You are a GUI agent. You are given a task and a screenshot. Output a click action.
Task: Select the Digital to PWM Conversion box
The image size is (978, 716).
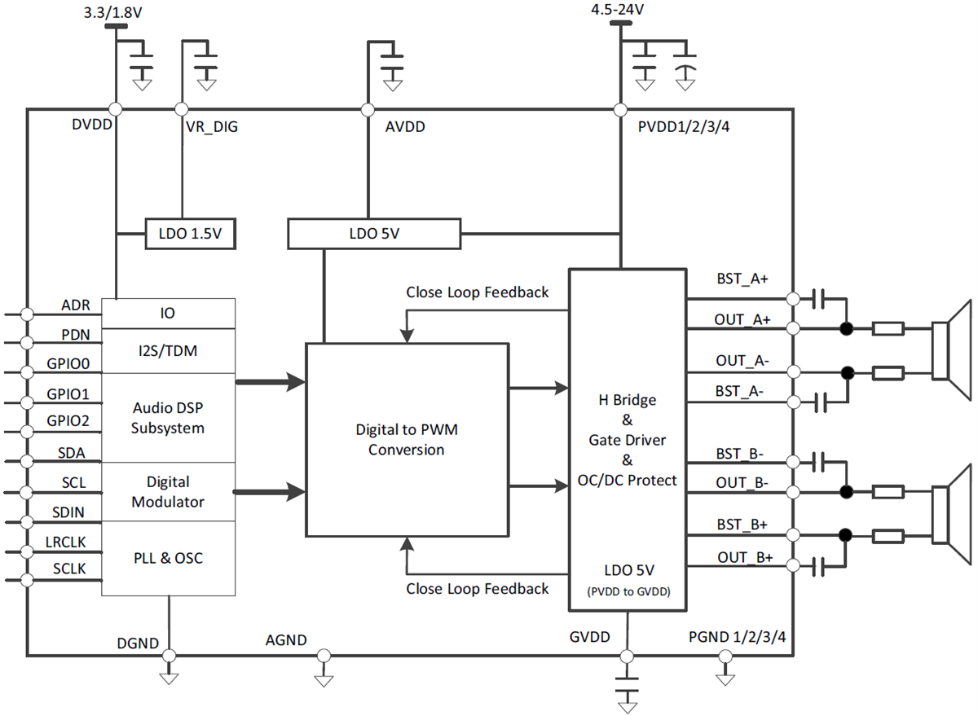tap(407, 440)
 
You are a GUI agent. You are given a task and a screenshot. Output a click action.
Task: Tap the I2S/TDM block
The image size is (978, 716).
tap(168, 351)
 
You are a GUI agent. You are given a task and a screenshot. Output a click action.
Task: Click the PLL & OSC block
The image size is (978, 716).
tap(168, 559)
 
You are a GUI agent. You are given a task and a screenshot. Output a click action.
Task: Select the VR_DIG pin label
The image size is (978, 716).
tap(211, 127)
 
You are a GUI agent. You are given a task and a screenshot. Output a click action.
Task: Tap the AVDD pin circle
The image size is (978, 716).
tap(368, 109)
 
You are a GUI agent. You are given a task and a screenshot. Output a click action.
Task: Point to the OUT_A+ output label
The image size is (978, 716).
tap(743, 318)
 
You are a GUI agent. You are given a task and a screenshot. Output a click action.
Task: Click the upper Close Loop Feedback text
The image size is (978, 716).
tap(478, 292)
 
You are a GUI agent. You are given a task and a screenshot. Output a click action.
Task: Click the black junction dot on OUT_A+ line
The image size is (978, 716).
tap(847, 329)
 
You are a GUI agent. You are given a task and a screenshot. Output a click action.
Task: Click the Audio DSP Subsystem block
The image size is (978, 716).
tap(168, 417)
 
